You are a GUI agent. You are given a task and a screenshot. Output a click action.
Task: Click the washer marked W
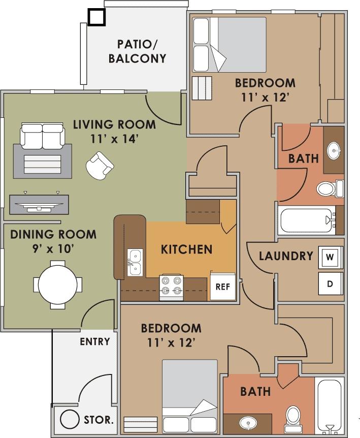coord(330,257)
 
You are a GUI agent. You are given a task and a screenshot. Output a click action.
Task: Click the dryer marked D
coord(330,284)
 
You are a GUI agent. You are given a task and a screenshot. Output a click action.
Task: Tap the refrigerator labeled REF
coord(223,286)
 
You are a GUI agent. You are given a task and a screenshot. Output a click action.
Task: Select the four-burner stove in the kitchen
coord(171,286)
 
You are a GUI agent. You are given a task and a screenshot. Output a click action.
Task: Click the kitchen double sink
coord(135,262)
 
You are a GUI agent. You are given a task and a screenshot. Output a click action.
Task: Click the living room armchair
coord(100,165)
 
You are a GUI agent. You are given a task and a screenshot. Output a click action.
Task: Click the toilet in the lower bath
coord(292,415)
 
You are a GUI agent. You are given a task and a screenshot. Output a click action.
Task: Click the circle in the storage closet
coord(70,420)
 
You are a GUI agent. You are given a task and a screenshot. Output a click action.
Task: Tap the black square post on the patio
coord(96,17)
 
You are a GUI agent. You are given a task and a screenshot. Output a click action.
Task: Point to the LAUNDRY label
coord(286,256)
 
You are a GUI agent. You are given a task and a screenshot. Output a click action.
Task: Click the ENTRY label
coord(95,341)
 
